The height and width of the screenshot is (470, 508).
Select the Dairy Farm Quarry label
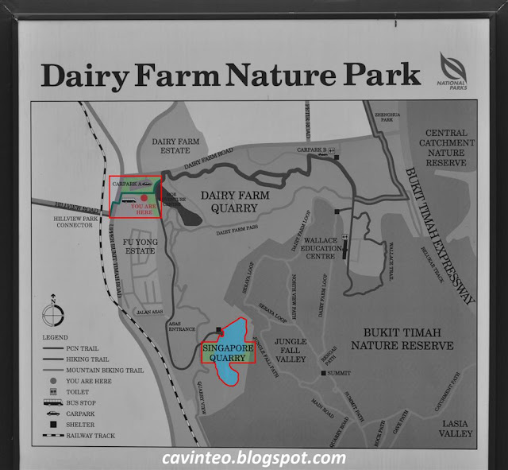(229, 202)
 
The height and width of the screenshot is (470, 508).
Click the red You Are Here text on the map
(142, 208)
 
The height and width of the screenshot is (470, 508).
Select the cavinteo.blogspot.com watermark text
(253, 459)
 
